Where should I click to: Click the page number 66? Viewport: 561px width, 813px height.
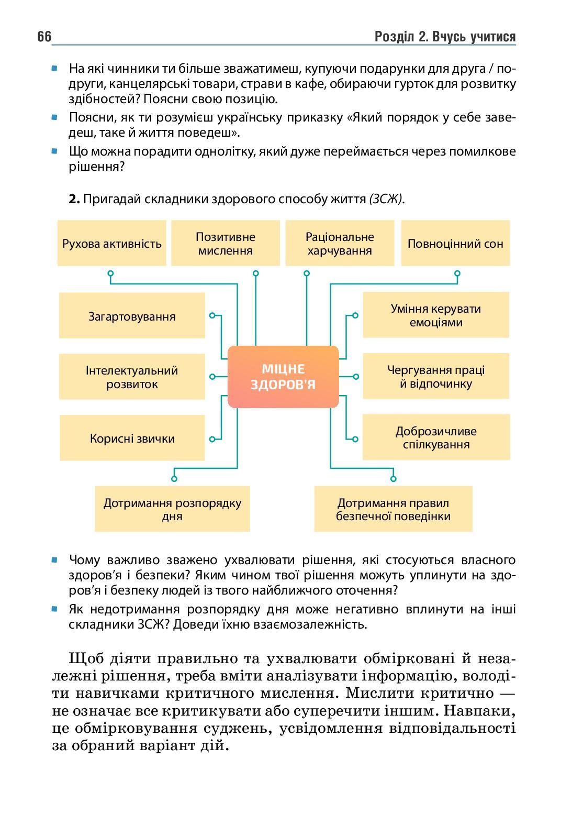pyautogui.click(x=44, y=37)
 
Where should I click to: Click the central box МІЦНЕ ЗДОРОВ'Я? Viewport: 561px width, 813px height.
pyautogui.click(x=283, y=377)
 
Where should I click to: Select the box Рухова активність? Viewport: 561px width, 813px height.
pyautogui.click(x=112, y=244)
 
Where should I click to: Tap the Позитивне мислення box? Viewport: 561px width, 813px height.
pyautogui.click(x=225, y=244)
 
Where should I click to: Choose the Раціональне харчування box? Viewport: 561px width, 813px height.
pyautogui.click(x=340, y=244)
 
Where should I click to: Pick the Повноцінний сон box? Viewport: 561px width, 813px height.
pyautogui.click(x=455, y=244)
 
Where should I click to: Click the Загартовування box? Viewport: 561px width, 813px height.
pyautogui.click(x=132, y=316)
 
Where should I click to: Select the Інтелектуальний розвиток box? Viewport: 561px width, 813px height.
pyautogui.click(x=132, y=377)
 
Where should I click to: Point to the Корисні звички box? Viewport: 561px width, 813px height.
pyautogui.click(x=132, y=438)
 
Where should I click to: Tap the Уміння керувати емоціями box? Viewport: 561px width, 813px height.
pyautogui.click(x=435, y=315)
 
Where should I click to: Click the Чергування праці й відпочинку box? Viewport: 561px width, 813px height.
pyautogui.click(x=435, y=377)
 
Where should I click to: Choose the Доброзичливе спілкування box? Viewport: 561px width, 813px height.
pyautogui.click(x=435, y=438)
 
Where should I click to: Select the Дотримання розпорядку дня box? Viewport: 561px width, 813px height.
pyautogui.click(x=172, y=509)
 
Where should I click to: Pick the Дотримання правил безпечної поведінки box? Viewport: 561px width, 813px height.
pyautogui.click(x=393, y=509)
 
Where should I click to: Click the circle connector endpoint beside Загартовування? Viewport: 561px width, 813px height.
pyautogui.click(x=212, y=315)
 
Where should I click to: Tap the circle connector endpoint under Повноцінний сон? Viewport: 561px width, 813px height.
pyautogui.click(x=457, y=273)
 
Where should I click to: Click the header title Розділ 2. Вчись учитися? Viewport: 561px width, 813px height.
pyautogui.click(x=445, y=37)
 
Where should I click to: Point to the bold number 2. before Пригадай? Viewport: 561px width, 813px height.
pyautogui.click(x=74, y=199)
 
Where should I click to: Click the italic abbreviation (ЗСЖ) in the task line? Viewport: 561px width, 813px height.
pyautogui.click(x=386, y=199)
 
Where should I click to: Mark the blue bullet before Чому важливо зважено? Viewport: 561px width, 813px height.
pyautogui.click(x=54, y=559)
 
